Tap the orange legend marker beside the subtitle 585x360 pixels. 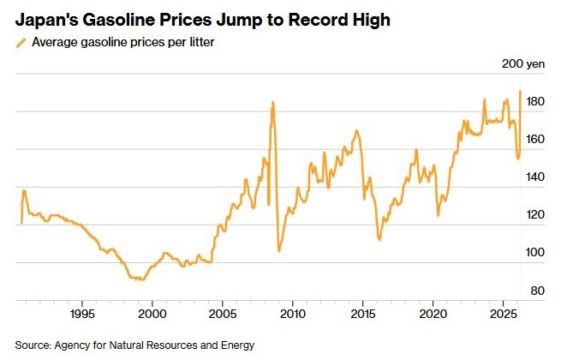click(x=21, y=42)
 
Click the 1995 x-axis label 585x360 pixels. click(x=82, y=315)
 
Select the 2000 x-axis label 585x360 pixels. click(x=152, y=315)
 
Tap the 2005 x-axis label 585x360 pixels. click(x=223, y=315)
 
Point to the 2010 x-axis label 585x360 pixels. click(x=293, y=315)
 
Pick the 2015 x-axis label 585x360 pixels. click(x=362, y=315)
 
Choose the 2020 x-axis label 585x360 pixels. click(x=433, y=315)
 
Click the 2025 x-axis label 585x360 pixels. click(x=503, y=315)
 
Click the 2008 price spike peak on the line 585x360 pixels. click(x=272, y=102)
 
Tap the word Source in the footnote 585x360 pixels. click(x=33, y=345)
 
